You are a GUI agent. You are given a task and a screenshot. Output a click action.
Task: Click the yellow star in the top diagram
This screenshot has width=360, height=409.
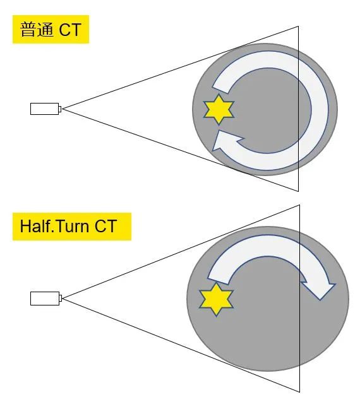point(219,109)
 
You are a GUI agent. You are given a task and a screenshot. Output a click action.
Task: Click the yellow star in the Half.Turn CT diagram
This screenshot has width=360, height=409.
point(216,299)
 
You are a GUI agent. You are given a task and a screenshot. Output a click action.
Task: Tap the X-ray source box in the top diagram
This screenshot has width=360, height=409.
point(45,109)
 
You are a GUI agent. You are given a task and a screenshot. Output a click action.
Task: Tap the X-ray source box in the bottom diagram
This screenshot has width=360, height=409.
point(45,299)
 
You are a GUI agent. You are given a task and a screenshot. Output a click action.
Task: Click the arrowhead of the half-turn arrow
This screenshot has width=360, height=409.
point(319,288)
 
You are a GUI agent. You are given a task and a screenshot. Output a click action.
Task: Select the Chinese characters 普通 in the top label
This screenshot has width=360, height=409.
point(37,30)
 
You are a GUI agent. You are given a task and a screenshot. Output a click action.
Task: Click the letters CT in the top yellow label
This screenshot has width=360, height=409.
point(70,30)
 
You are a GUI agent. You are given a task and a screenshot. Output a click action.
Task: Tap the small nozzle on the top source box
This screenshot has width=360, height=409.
point(60,109)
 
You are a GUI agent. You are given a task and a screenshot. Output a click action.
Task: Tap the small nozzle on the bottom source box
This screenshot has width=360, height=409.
point(61,299)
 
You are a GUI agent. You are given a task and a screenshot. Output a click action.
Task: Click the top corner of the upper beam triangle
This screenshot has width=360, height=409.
point(298,26)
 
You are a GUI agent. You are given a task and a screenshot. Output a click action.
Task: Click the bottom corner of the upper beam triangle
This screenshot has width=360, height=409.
point(298,191)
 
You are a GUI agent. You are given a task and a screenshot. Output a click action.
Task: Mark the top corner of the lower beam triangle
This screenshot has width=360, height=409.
point(300,204)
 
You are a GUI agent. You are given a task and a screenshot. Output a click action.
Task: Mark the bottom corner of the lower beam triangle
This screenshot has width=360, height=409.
point(300,392)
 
